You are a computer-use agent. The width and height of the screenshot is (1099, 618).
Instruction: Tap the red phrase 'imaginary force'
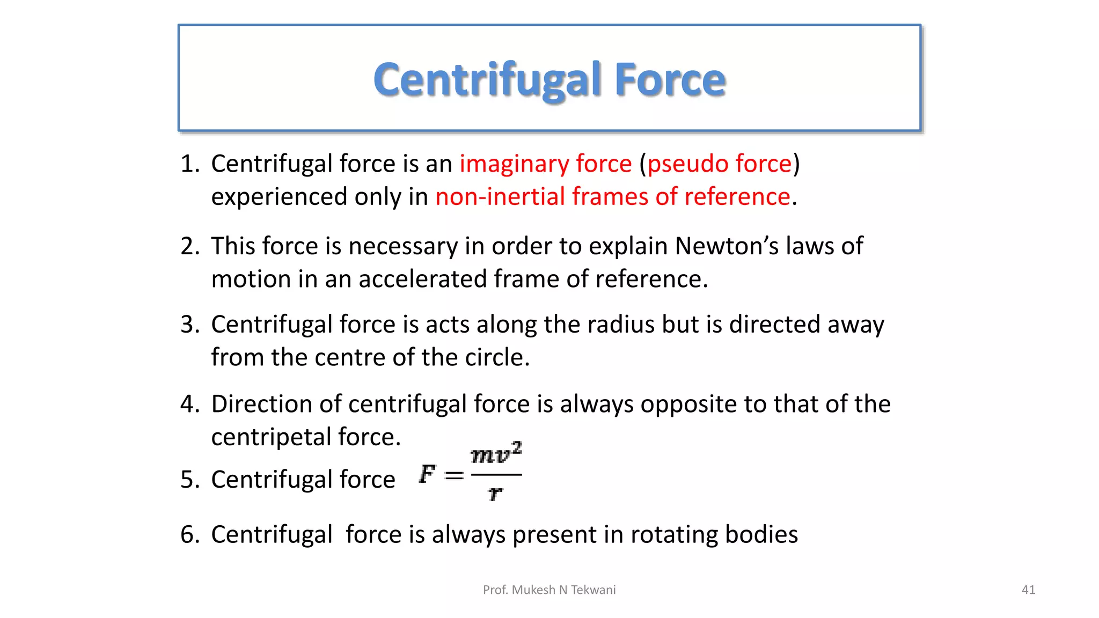[x=545, y=164]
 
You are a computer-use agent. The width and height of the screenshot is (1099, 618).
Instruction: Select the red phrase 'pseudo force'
[x=720, y=164]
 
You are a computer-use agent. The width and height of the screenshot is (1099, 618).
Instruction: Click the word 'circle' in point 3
[x=494, y=358]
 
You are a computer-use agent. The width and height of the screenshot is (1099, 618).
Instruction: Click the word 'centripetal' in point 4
[x=270, y=437]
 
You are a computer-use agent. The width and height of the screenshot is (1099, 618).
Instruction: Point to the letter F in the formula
[x=427, y=474]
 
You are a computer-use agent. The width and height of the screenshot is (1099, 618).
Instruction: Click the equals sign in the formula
[x=454, y=475]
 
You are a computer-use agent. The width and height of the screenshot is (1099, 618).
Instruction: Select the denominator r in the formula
[x=495, y=492]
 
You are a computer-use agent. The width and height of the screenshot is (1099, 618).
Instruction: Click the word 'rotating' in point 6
[x=673, y=535]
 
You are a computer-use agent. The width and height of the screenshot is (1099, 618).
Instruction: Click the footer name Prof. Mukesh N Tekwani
[x=549, y=590]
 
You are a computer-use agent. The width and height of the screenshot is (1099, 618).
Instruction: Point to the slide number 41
[x=1028, y=590]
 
